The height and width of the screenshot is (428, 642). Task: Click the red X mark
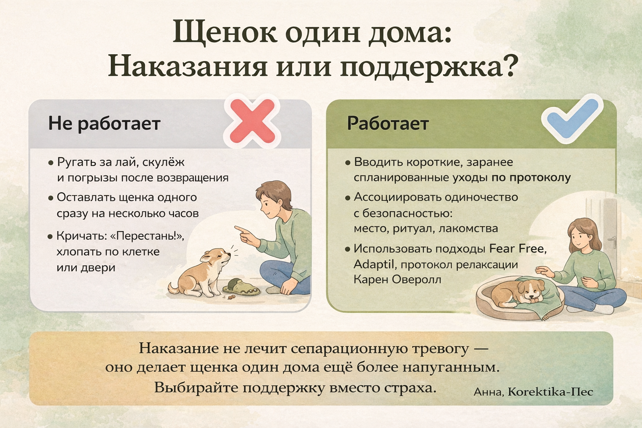click(252, 121)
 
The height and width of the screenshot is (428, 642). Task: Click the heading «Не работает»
click(104, 124)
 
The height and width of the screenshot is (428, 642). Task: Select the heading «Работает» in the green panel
click(388, 124)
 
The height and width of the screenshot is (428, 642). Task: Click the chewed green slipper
click(241, 287)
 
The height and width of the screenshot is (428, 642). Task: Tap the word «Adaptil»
click(374, 264)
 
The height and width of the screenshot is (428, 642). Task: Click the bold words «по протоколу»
click(531, 178)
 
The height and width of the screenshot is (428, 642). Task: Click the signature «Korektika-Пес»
click(550, 392)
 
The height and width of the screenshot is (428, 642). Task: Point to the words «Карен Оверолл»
click(397, 279)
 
